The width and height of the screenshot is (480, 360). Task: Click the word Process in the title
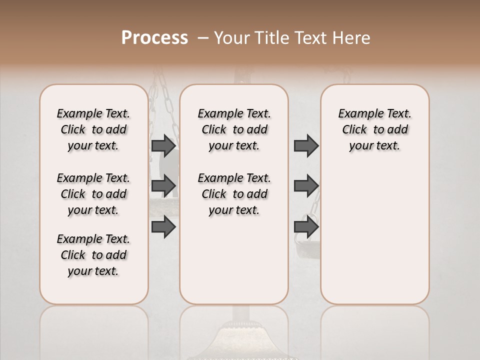(154, 38)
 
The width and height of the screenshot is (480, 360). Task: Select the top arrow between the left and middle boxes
(163, 145)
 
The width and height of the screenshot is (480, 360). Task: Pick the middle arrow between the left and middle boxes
(163, 186)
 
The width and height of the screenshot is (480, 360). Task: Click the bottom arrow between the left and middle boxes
(163, 227)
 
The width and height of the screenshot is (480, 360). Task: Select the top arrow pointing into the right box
(306, 145)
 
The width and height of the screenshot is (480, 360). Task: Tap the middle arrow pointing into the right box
(306, 186)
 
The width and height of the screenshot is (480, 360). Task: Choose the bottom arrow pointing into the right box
(306, 227)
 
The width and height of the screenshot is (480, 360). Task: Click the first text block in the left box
(93, 129)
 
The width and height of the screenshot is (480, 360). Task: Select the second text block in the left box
(93, 194)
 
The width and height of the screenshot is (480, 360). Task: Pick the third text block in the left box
(93, 255)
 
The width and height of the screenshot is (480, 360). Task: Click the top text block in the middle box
(234, 129)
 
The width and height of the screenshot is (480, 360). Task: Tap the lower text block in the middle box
(234, 194)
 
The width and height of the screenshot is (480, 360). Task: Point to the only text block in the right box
(374, 129)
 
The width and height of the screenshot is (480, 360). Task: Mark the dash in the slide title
(203, 38)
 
